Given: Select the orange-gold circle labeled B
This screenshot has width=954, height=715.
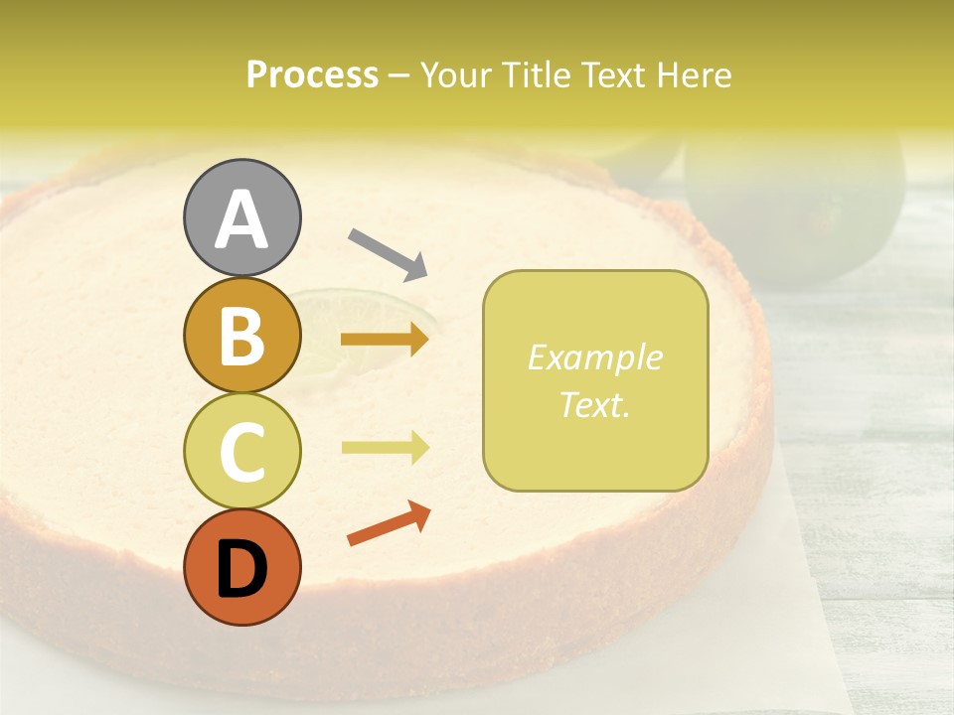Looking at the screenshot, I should coord(241,336).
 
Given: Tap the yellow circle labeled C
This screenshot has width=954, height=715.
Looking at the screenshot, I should coord(241,451).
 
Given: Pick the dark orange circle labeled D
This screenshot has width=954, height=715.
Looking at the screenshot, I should coord(241,567).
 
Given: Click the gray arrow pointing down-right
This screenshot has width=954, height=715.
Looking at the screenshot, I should coord(388,253).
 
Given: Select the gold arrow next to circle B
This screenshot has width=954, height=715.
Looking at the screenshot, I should coord(385,341).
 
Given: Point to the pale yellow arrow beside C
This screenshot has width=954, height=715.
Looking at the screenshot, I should coord(385,448).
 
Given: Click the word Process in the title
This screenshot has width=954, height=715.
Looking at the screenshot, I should coord(312,75).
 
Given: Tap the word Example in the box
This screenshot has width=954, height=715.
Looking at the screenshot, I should coord(594,357).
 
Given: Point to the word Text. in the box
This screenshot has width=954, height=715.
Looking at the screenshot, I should coord(594,405).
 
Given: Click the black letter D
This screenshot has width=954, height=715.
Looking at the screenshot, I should coord(241,569).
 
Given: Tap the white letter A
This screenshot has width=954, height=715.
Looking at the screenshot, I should coord(241,218).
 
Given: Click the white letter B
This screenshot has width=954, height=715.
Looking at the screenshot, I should coord(241,336).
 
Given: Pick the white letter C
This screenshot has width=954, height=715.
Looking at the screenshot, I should coord(241,451).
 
